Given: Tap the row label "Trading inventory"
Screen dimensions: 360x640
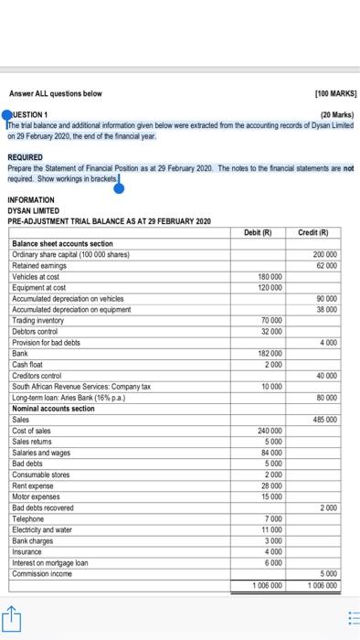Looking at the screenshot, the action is (x=38, y=319).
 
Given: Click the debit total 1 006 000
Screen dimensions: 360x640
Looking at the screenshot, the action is (x=265, y=583).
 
